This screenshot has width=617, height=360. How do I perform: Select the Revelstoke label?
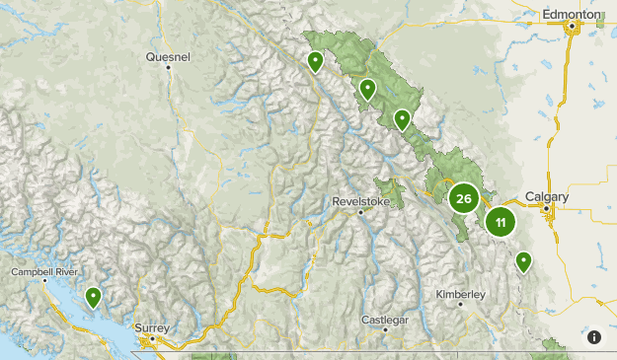(x=362, y=200)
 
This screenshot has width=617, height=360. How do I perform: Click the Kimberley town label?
(x=461, y=294)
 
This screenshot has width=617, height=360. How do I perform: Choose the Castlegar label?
(x=384, y=320)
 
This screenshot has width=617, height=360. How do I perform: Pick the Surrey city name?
(x=153, y=327)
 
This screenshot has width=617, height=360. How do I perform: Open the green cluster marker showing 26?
(x=463, y=198)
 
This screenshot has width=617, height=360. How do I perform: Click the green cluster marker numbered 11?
(x=501, y=222)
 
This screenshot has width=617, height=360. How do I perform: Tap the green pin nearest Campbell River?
(x=93, y=296)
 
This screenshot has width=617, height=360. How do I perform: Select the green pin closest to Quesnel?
(x=315, y=62)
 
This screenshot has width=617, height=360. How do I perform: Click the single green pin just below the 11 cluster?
(x=523, y=261)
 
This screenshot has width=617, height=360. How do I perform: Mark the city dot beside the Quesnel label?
(x=169, y=67)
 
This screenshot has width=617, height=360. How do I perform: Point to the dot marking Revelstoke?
(x=361, y=211)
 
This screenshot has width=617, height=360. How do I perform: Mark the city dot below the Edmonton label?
(x=571, y=27)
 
